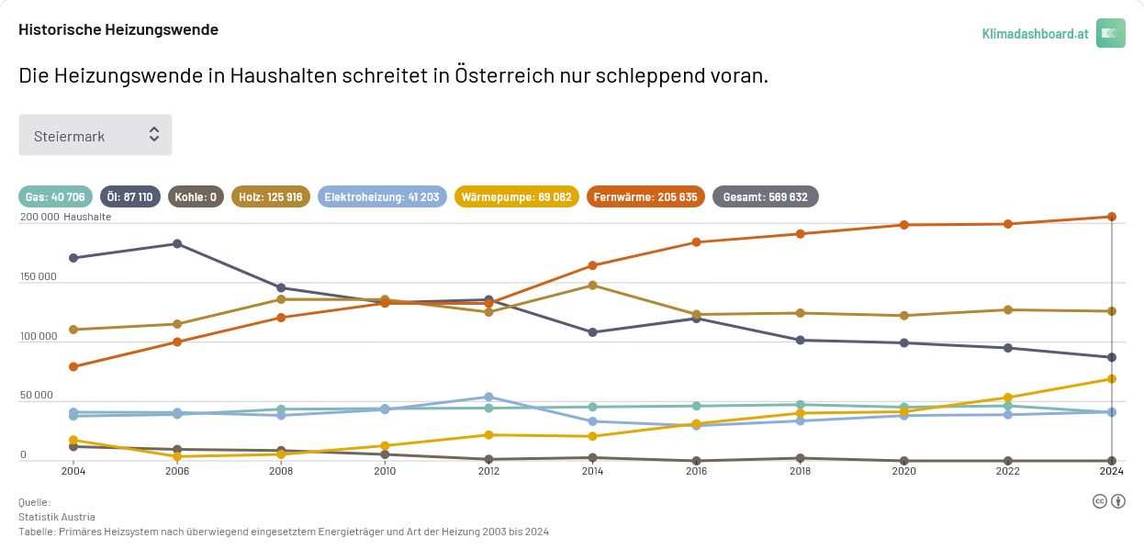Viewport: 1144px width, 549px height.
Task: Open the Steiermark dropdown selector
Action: pos(95,135)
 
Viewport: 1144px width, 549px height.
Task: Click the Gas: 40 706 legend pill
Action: pos(55,196)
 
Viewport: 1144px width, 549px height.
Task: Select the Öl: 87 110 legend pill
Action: pos(129,196)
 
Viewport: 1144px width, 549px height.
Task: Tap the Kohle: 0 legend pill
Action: pos(196,196)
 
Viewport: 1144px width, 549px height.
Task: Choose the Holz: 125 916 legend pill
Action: pos(271,196)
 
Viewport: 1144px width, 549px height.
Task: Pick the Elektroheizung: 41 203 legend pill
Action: pos(382,196)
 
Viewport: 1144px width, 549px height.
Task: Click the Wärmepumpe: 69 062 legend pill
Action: pos(516,196)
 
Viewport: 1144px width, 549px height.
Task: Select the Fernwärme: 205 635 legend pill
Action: pos(645,196)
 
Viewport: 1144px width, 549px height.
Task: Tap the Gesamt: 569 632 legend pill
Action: pos(766,196)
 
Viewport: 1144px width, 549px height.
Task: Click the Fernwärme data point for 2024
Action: pos(1112,217)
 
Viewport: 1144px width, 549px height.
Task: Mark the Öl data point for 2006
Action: pos(177,243)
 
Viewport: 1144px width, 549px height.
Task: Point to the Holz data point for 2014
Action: pos(592,285)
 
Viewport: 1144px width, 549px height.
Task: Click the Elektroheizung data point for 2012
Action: pos(488,397)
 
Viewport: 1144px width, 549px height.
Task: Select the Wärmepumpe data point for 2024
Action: pos(1112,378)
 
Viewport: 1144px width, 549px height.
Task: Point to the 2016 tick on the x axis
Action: pos(696,471)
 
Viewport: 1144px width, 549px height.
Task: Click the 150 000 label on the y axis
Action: pos(38,277)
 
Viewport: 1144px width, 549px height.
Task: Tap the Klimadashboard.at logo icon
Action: pos(1110,33)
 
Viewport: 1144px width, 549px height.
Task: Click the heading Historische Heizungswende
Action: pos(118,29)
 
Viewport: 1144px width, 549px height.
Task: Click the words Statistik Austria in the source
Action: pos(57,517)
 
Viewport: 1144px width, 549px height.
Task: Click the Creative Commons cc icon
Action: pos(1099,500)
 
